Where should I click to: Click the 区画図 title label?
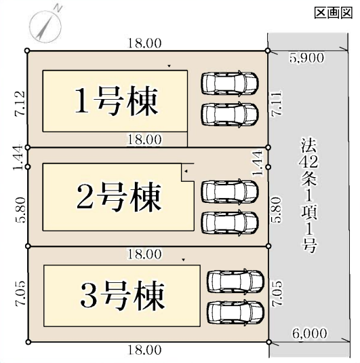[x=334, y=12]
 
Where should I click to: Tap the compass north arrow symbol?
[x=46, y=26]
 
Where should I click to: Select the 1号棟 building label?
[x=117, y=101]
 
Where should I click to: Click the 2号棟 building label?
[x=119, y=197]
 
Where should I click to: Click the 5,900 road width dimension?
[x=306, y=58]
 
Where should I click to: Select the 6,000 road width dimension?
[x=310, y=333]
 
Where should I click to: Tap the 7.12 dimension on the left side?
[x=20, y=103]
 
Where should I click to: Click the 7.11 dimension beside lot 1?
[x=277, y=103]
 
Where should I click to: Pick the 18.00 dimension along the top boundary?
[x=144, y=43]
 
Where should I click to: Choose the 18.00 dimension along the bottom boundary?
[x=144, y=349]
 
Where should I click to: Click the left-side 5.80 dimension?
[x=20, y=210]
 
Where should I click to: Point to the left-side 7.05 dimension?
[x=20, y=294]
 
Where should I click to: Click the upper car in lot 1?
[x=230, y=83]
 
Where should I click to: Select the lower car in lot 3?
[x=236, y=313]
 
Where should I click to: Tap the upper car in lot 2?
[x=230, y=191]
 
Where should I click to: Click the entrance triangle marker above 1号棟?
[x=169, y=66]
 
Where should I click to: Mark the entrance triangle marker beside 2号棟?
[x=186, y=171]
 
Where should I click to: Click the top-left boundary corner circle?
[x=27, y=50]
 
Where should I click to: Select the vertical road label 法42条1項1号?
[x=309, y=195]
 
